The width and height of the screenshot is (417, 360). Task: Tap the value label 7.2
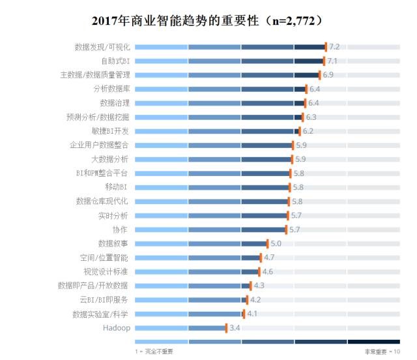pos(334,47)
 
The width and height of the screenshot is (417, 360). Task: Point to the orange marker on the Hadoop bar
pos(226,327)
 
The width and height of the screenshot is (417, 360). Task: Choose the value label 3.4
pos(235,327)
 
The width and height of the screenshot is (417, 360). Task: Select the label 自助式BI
pos(115,61)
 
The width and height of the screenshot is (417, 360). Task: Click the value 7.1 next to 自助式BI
pos(332,61)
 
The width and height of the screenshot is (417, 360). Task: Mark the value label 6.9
pos(328,75)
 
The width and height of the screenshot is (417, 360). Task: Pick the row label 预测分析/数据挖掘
pos(98,117)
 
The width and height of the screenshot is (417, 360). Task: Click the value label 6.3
pos(311,117)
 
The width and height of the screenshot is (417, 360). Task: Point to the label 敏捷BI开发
pos(111,131)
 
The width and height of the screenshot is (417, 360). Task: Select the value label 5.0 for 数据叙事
pos(276,243)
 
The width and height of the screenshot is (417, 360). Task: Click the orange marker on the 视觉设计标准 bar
pos(259,271)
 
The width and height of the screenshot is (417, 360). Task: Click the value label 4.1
pos(252,314)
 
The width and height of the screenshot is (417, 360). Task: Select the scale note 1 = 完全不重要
pos(154,352)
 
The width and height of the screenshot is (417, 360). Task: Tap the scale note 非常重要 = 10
pos(381,352)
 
